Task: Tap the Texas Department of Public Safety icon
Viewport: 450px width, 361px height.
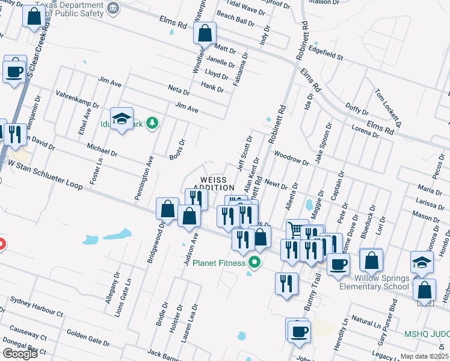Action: [113, 8]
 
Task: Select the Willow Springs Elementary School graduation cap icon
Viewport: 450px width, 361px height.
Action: [422, 262]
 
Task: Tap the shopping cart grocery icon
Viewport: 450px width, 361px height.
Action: [295, 229]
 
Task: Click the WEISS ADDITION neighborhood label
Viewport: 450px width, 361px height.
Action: [213, 184]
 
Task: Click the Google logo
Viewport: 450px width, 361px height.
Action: [20, 354]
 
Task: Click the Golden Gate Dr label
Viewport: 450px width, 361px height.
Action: [88, 336]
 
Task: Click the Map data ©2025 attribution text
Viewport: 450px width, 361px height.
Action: [424, 356]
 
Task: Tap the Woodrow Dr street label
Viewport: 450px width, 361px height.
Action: [286, 154]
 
